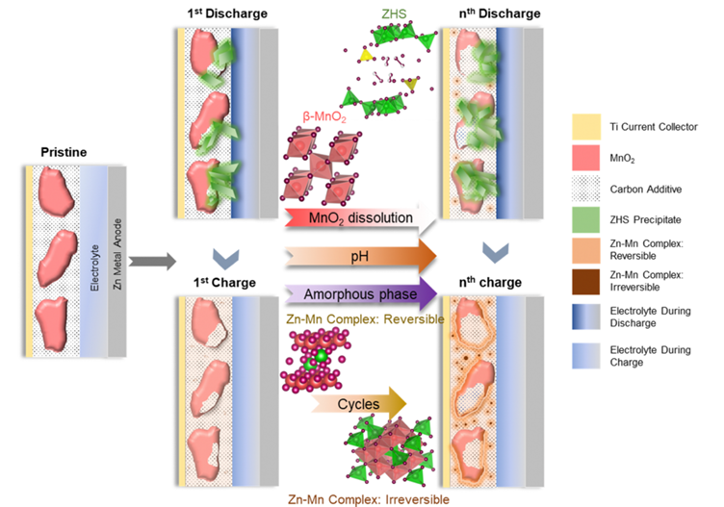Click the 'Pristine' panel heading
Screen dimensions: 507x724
(66, 153)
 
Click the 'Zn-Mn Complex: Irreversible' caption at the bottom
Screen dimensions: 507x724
(370, 498)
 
